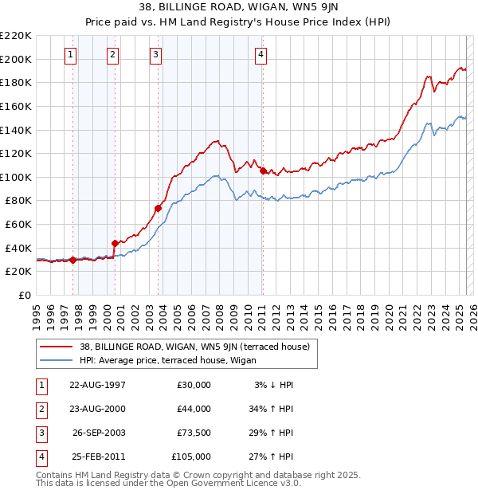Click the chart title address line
click(238, 8)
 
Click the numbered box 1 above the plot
click(71, 55)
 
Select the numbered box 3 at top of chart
click(155, 55)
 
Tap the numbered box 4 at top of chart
click(261, 55)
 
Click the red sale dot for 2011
click(263, 171)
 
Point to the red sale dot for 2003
click(158, 208)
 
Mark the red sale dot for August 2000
click(115, 243)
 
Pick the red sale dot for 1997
click(72, 259)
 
